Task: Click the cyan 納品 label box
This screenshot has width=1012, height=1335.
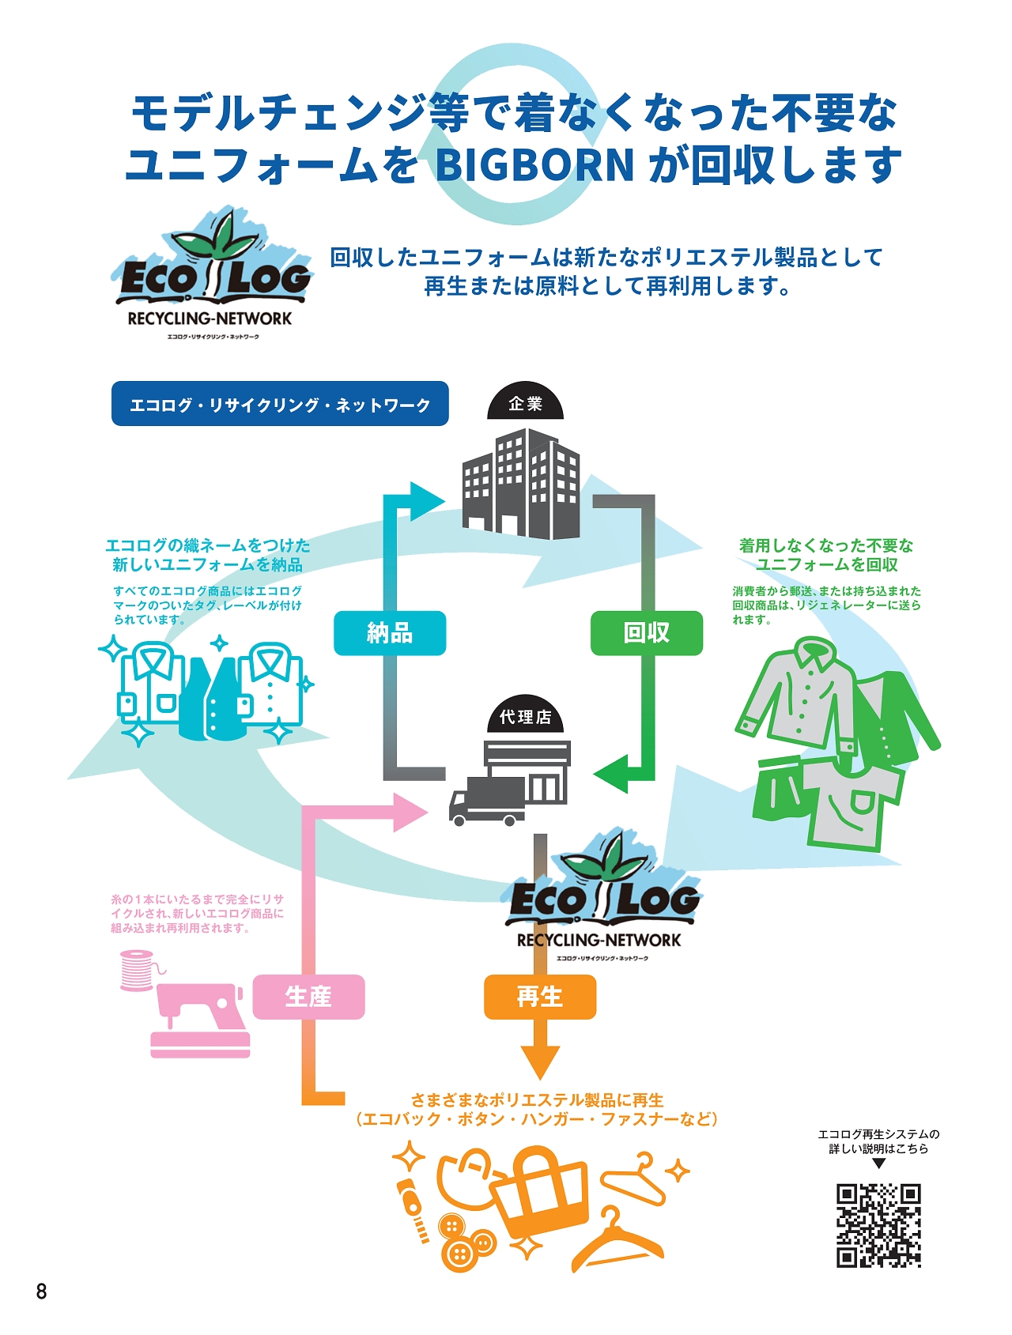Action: [x=390, y=633]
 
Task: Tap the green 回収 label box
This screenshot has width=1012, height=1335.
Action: [x=646, y=633]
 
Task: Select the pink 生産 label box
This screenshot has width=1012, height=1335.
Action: [x=308, y=997]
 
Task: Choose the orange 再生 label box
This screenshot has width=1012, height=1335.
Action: [x=540, y=997]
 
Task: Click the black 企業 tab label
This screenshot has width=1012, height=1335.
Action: [x=526, y=404]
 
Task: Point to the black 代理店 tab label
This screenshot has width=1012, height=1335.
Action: [x=526, y=717]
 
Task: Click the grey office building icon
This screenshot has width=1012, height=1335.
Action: [x=521, y=484]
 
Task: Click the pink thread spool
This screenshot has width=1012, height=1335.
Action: [x=137, y=971]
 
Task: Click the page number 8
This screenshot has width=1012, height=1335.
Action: [x=41, y=1292]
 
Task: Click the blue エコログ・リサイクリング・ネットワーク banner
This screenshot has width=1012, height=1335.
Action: [x=280, y=404]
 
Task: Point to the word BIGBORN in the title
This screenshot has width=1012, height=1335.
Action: [x=535, y=164]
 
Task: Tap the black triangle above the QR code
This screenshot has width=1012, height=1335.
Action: [x=878, y=1164]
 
